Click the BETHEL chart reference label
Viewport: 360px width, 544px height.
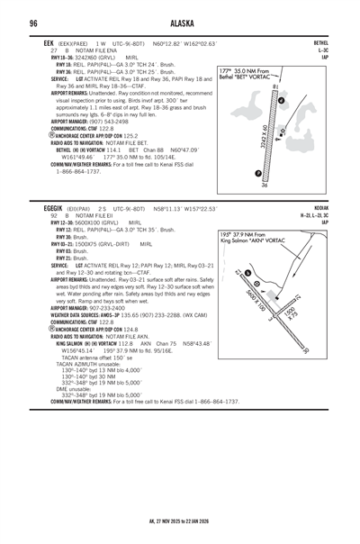[320, 42]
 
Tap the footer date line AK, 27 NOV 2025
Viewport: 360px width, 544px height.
[180, 521]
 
